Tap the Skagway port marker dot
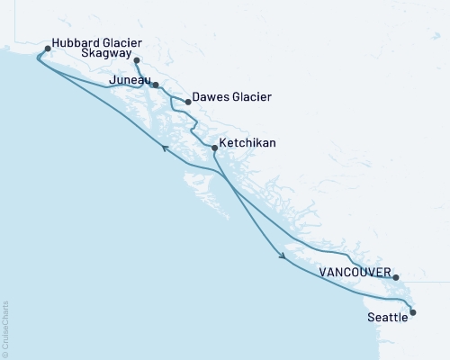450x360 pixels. click(136, 60)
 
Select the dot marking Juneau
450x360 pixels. click(156, 85)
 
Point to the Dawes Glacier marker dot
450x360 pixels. click(187, 102)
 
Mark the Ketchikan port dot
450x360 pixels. click(213, 147)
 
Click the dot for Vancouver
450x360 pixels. click(396, 277)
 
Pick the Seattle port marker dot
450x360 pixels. click(413, 312)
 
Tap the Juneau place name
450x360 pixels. click(127, 81)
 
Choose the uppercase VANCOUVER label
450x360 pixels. click(355, 273)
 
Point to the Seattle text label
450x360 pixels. click(386, 318)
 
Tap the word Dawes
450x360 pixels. click(211, 97)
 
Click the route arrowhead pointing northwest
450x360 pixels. click(164, 149)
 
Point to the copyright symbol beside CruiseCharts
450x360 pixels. click(6, 353)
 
